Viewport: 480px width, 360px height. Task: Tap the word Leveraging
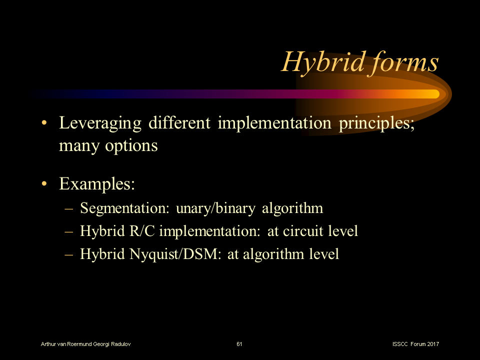pyautogui.click(x=101, y=123)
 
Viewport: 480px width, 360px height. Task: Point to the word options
pyautogui.click(x=131, y=146)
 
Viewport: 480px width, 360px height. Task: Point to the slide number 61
pyautogui.click(x=239, y=344)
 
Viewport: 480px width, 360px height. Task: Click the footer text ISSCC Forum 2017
pyautogui.click(x=416, y=344)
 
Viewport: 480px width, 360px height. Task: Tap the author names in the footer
pyautogui.click(x=86, y=344)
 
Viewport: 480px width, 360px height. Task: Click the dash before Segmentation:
pyautogui.click(x=69, y=208)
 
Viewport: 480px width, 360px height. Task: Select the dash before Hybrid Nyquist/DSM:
pyautogui.click(x=69, y=254)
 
